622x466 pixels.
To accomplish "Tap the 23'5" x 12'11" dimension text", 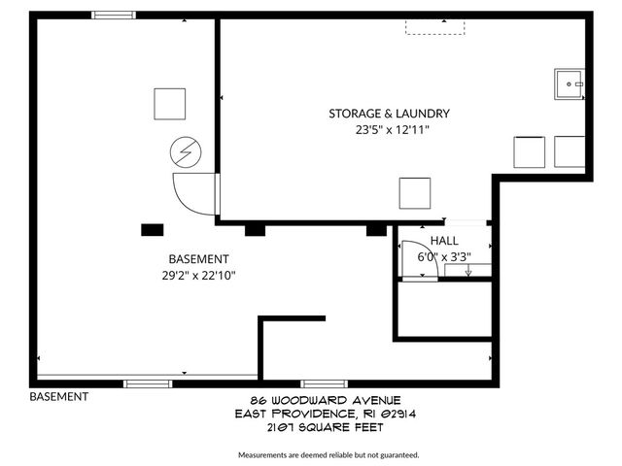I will [392, 130].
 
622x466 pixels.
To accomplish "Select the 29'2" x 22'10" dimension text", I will [198, 276].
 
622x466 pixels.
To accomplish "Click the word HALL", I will [444, 241].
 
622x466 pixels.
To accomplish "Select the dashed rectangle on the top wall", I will [434, 26].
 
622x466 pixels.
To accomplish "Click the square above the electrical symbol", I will [169, 103].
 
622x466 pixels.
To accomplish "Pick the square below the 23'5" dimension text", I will [414, 192].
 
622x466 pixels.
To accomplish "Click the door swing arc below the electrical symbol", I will [190, 194].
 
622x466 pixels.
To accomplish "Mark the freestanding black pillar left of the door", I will [152, 230].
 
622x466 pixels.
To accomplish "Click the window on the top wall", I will [115, 15].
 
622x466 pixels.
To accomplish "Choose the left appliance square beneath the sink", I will [530, 152].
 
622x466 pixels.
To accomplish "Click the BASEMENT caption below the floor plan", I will [59, 396].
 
